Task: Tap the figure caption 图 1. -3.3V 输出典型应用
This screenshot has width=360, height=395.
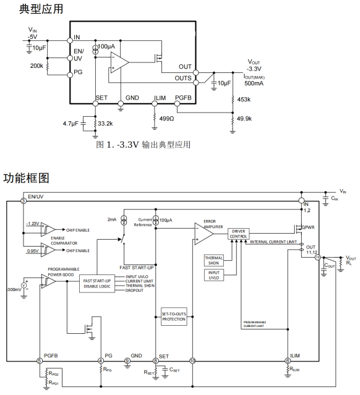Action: pos(143,145)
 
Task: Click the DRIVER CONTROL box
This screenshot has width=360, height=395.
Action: pos(239,232)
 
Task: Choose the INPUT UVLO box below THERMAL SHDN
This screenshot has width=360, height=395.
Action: pos(216,275)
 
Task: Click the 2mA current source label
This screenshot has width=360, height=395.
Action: pos(112,219)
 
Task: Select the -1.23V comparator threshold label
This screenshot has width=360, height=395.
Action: pos(33,224)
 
